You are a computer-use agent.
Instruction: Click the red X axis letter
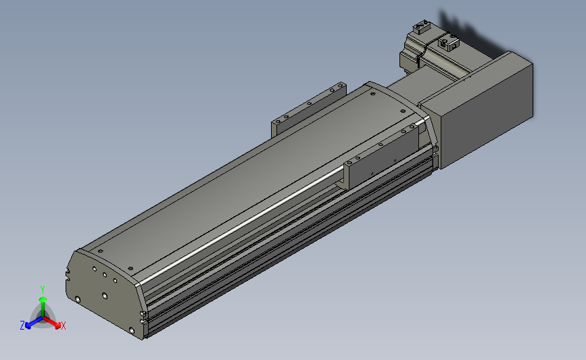[63, 326]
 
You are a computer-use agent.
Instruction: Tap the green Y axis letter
[43, 290]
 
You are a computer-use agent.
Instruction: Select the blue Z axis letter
[22, 326]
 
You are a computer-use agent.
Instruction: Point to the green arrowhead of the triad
[43, 299]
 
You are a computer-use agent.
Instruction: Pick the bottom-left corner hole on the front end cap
[78, 299]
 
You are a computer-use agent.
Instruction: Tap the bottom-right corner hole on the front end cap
[131, 330]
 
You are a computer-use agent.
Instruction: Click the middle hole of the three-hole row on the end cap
[105, 275]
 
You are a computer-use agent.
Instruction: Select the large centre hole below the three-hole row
[105, 296]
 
